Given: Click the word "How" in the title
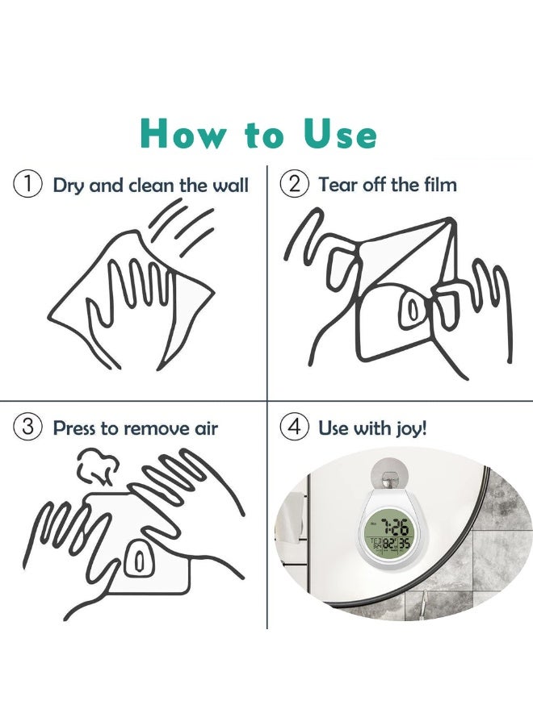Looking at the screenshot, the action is (x=183, y=134).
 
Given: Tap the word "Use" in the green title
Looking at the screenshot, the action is (x=340, y=134).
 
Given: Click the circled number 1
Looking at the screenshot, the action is (x=28, y=184).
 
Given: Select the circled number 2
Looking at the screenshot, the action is (x=294, y=184).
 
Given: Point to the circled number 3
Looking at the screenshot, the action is (x=28, y=427).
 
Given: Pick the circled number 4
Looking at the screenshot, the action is (x=294, y=427).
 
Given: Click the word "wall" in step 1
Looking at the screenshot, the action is (x=230, y=185).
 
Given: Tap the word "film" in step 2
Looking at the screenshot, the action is (x=440, y=184).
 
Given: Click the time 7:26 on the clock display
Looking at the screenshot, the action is (x=394, y=527).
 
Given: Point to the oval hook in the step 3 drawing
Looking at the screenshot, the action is (x=137, y=560).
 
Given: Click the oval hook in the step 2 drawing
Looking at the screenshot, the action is (x=411, y=308).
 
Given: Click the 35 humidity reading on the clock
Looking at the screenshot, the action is (x=404, y=544).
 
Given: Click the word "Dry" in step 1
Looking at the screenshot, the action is (x=69, y=186).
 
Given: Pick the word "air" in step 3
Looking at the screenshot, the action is (x=205, y=428).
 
